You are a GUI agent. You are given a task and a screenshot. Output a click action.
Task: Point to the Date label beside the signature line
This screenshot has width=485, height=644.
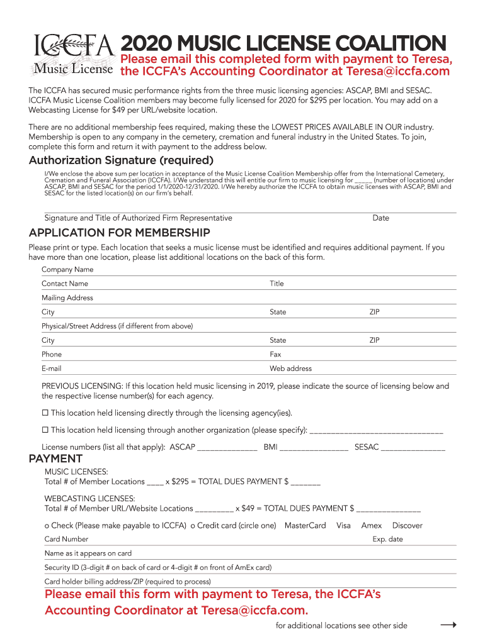380,218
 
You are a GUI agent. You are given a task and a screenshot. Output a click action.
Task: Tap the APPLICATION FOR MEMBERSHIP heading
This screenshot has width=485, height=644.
119,233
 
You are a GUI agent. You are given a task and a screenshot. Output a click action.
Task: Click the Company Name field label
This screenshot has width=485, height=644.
67,270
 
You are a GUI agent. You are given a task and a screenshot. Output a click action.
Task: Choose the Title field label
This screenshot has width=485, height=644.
277,284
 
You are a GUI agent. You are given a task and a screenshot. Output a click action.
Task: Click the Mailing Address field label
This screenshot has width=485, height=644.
67,298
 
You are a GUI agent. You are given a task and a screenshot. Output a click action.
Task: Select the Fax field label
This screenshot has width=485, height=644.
275,355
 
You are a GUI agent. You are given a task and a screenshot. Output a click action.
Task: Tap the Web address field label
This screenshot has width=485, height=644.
290,369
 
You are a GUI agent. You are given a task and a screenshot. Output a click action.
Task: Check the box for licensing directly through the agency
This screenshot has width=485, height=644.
45,413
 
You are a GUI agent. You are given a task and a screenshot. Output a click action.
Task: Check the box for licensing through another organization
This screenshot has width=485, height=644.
45,430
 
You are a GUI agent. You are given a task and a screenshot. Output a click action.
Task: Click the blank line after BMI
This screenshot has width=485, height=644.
314,448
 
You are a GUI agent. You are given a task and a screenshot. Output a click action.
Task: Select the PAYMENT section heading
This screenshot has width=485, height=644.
56,459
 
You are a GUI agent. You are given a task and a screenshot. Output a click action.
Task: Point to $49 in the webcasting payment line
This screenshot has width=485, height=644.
250,508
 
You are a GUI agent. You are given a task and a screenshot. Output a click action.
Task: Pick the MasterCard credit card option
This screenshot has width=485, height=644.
305,526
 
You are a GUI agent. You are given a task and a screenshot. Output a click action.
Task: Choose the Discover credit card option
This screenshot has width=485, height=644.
407,526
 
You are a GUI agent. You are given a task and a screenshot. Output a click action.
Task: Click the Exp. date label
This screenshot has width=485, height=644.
387,540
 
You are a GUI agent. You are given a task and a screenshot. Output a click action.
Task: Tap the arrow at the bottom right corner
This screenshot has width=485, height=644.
448,625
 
